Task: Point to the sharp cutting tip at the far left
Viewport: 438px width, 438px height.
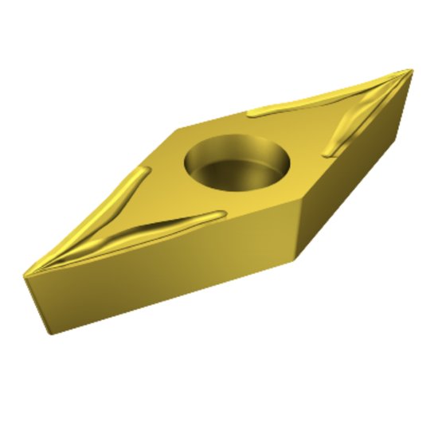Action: pyautogui.click(x=25, y=275)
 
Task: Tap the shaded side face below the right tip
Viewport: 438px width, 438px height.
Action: pyautogui.click(x=358, y=175)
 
